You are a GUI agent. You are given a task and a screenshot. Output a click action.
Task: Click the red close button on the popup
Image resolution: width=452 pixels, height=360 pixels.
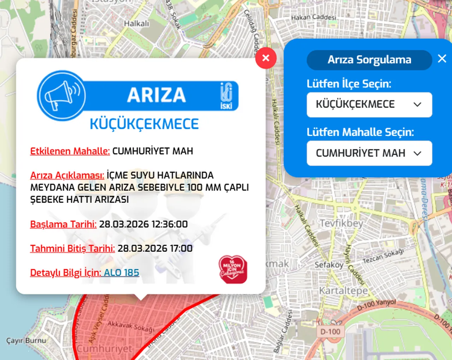click(266, 58)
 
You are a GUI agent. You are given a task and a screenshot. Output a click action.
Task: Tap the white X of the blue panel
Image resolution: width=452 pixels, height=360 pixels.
click(442, 59)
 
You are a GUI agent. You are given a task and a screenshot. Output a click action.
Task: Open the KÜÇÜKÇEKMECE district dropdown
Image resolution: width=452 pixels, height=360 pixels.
click(369, 104)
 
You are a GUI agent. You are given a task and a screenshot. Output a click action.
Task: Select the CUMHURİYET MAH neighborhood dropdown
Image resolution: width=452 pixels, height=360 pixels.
click(369, 153)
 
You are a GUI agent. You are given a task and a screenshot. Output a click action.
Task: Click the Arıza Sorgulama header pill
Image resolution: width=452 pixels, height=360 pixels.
click(369, 60)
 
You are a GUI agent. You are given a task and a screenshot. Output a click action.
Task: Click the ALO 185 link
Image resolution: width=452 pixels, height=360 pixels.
click(121, 272)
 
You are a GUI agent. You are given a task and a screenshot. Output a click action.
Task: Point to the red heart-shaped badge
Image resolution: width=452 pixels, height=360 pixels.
click(233, 270)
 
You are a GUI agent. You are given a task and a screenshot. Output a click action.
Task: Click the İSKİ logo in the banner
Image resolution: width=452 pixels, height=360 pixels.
click(226, 96)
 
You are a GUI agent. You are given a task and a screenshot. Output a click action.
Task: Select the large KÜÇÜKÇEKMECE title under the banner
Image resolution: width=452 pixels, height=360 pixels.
click(144, 124)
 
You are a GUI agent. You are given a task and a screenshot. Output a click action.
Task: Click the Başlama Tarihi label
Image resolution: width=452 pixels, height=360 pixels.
click(63, 224)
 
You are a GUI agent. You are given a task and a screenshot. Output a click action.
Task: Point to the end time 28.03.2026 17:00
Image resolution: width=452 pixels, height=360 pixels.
click(155, 248)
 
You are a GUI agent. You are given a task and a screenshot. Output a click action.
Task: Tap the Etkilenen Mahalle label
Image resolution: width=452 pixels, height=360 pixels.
click(70, 151)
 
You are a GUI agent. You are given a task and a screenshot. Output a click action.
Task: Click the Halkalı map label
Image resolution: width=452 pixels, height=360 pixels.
click(136, 24)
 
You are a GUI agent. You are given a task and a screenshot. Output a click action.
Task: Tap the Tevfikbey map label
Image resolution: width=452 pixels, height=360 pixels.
click(341, 223)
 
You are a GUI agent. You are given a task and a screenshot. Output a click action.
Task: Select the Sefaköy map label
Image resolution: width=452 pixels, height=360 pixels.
click(329, 265)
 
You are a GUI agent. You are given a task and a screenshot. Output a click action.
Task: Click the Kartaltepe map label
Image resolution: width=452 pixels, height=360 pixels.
click(343, 290)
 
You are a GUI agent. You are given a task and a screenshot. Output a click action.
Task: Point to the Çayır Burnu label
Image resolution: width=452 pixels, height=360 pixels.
click(26, 341)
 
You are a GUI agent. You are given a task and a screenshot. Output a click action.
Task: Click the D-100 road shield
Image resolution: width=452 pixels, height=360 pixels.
click(330, 331)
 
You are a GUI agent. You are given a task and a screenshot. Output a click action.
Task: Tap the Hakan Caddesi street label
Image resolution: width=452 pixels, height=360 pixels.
click(313, 17)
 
